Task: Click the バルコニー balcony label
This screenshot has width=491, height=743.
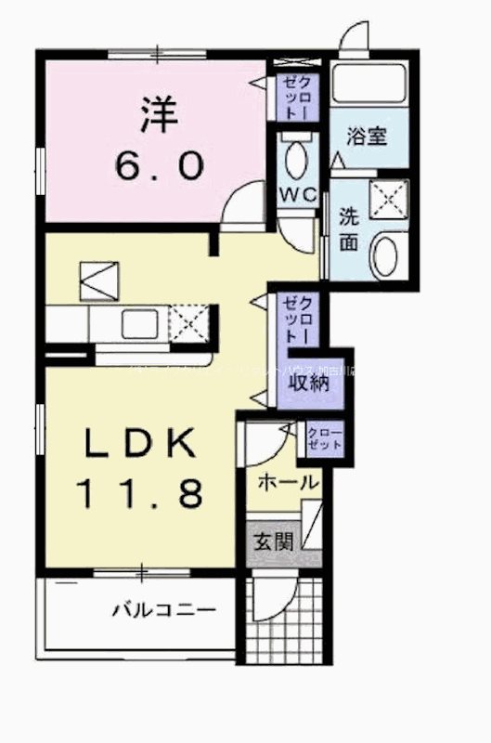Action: click(x=164, y=611)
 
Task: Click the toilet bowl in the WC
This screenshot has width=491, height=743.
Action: click(x=298, y=161)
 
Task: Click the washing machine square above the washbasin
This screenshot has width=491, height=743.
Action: click(x=387, y=197)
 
